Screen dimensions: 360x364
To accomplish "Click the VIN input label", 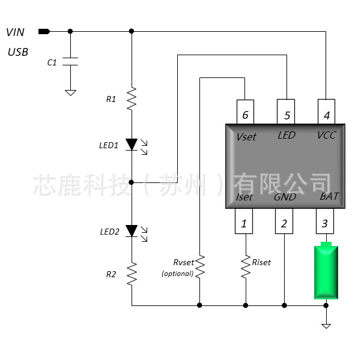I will pyautogui.click(x=16, y=32).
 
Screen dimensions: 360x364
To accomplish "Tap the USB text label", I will pyautogui.click(x=17, y=52).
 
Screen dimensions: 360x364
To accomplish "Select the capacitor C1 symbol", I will pyautogui.click(x=70, y=61).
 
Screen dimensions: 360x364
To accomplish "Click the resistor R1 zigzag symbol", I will pyautogui.click(x=132, y=99).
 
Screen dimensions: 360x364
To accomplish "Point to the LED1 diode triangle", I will pyautogui.click(x=132, y=144).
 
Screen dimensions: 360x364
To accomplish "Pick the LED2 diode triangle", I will pyautogui.click(x=132, y=231).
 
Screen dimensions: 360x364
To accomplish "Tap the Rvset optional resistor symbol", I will pyautogui.click(x=199, y=267).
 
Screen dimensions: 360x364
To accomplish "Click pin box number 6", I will pyautogui.click(x=244, y=112).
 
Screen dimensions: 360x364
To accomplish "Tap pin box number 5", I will pyautogui.click(x=287, y=112).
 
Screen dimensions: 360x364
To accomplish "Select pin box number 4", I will pyautogui.click(x=326, y=112).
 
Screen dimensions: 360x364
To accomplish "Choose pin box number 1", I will pyautogui.click(x=244, y=221).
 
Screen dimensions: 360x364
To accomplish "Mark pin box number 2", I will pyautogui.click(x=284, y=221).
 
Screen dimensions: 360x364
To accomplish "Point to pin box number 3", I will pyautogui.click(x=325, y=221).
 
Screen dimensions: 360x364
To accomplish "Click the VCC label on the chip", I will pyautogui.click(x=326, y=135).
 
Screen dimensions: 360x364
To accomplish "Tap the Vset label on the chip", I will pyautogui.click(x=246, y=137).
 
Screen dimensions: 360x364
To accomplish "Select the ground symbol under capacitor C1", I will pyautogui.click(x=70, y=92).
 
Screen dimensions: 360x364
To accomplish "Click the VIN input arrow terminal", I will pyautogui.click(x=44, y=31).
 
